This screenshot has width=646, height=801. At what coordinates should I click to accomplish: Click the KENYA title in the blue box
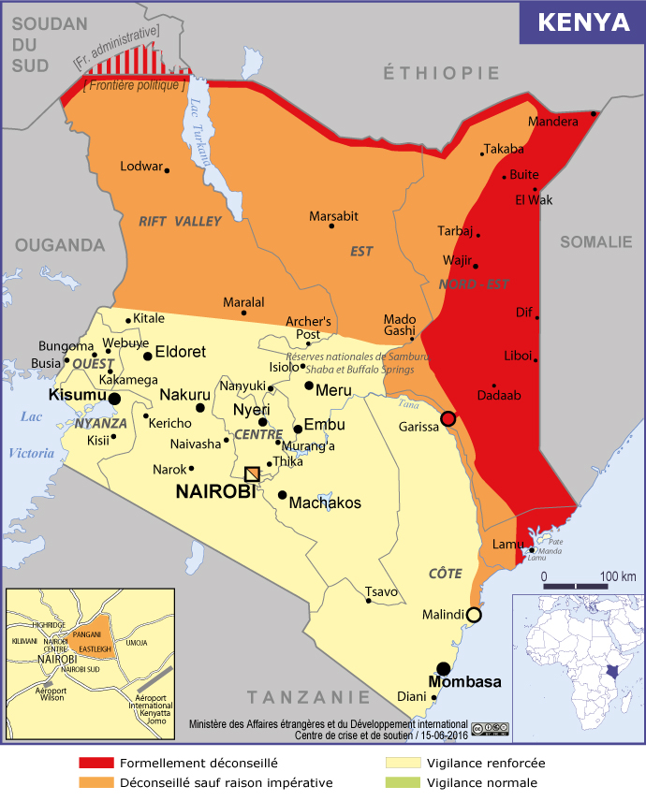point(582,22)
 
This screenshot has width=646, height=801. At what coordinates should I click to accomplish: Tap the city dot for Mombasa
point(444,668)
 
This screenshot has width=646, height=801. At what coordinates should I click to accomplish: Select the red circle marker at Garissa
point(448,418)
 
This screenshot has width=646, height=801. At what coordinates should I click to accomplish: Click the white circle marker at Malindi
point(474,615)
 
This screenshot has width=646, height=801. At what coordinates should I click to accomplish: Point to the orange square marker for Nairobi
point(252,474)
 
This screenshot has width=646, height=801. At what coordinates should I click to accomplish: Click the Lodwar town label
point(141,167)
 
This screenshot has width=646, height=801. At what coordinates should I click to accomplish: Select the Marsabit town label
point(333,216)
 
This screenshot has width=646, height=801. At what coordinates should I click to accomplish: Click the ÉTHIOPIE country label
point(441,73)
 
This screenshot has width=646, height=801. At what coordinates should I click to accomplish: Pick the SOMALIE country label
point(595,242)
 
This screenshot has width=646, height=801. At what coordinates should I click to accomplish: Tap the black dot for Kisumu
point(114,399)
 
